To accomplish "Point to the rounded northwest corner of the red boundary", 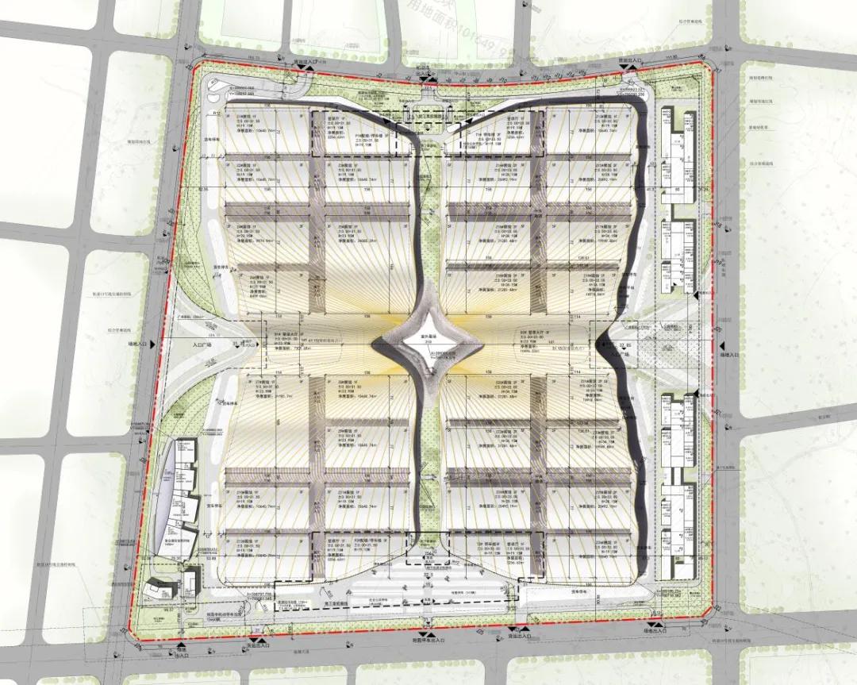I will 198,70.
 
